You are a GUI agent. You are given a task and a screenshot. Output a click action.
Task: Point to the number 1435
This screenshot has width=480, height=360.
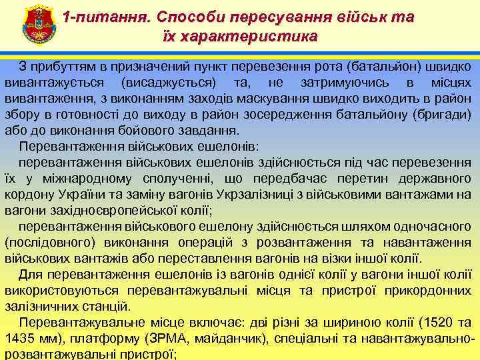pyautogui.click(x=21, y=339)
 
